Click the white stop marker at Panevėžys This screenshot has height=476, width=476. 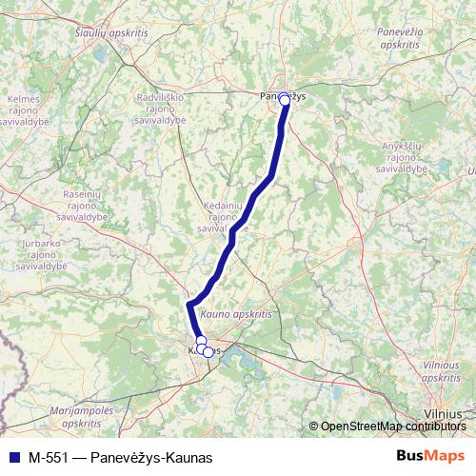tap(284, 98)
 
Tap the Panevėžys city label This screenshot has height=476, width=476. tap(283, 95)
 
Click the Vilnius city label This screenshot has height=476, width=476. tap(445, 414)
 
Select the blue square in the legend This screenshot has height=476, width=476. tap(13, 456)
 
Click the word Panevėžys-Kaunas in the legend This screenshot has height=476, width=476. tap(151, 456)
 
